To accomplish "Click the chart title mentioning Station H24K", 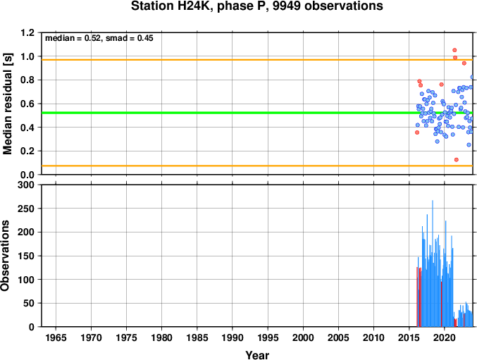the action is [x=256, y=6].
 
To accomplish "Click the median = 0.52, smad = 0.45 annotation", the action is [x=99, y=38].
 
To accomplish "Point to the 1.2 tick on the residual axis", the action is [x=28, y=32].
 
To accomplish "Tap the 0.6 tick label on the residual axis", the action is [x=28, y=104].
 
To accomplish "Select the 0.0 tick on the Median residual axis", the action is [x=28, y=175].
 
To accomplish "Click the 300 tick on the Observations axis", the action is [x=27, y=185].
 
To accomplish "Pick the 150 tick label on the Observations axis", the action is [x=27, y=256].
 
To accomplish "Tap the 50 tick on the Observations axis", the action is [x=30, y=304].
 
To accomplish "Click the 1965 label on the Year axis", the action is [x=56, y=337].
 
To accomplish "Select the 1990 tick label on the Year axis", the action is [x=233, y=337].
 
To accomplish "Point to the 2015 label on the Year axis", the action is [x=409, y=337].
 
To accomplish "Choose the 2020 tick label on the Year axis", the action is [x=444, y=337].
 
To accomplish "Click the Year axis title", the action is [x=257, y=355].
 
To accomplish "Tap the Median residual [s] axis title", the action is [x=7, y=104].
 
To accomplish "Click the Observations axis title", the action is [x=5, y=256].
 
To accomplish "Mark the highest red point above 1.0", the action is [x=454, y=50].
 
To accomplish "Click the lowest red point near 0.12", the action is [x=457, y=160].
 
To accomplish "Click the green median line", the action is [x=257, y=113].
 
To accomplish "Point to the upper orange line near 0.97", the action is [x=257, y=60].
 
